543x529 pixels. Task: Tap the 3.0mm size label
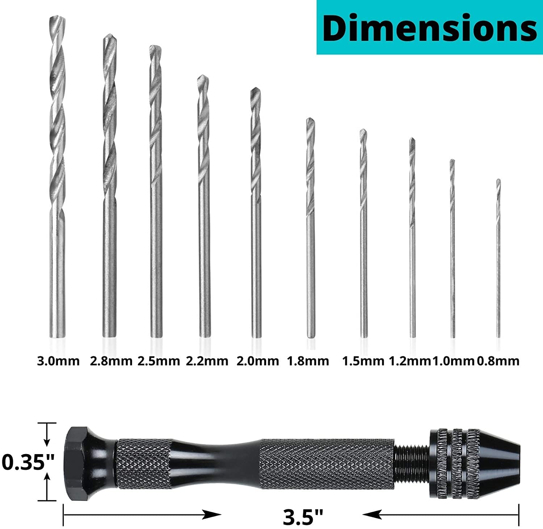[58, 361]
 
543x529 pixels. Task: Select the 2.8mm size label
[111, 361]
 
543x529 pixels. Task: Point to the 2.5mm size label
[159, 361]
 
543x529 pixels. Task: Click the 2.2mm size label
[207, 361]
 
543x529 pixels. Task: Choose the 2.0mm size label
[258, 361]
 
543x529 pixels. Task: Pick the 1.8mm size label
[308, 361]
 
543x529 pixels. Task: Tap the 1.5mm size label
[363, 361]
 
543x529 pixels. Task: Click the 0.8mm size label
[498, 361]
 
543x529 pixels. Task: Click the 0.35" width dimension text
[28, 462]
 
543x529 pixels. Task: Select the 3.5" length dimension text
[303, 517]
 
